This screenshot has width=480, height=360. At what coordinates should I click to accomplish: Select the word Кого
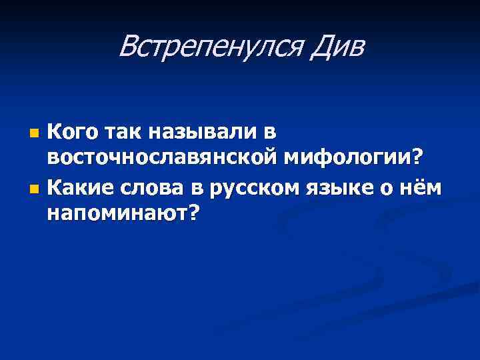pos(71,133)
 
